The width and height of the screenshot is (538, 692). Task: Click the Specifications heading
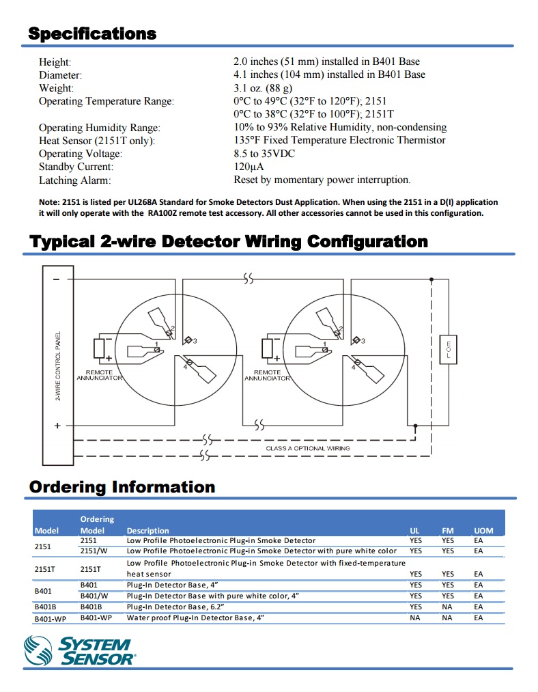pos(92,33)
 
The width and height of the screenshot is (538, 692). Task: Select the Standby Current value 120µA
pos(249,167)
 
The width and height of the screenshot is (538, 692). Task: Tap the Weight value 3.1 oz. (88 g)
pos(263,88)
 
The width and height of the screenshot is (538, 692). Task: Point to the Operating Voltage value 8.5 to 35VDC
pos(264,154)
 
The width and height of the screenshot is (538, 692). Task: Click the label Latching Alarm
pos(74,180)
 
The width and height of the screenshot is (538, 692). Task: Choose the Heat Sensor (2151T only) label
pos(96,141)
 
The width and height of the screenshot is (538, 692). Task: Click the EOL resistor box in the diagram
pos(447,350)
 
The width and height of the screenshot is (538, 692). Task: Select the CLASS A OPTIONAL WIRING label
pos(307,448)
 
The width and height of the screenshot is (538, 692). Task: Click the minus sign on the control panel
pos(56,279)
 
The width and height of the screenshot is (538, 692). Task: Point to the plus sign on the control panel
pos(57,426)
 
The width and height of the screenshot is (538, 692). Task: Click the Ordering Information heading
pos(122,487)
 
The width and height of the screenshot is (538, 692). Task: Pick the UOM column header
pos(483,531)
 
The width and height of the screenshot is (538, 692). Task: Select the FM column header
pos(448,531)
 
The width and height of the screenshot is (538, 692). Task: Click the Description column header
pos(147,531)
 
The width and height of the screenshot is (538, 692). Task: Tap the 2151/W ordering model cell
pos(94,551)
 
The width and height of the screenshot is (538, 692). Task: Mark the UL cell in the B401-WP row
pos(414,618)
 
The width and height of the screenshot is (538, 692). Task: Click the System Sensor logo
pos(80,650)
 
